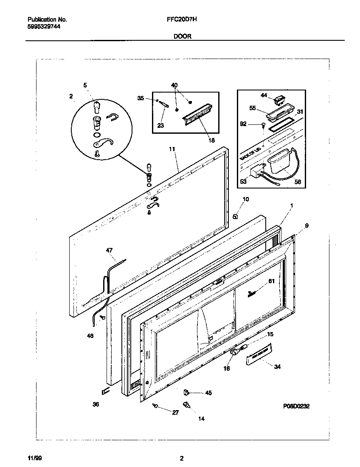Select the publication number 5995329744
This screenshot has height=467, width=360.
coord(42,26)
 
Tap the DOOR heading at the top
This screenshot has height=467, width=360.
coord(182,37)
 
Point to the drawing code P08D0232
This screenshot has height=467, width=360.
coord(296,406)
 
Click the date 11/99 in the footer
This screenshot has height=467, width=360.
coord(34,459)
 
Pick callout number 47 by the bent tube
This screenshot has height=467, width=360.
coord(110,251)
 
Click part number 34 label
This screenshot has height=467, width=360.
coord(277,366)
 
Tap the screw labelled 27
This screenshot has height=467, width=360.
coord(156,406)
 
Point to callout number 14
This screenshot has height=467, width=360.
coord(201,419)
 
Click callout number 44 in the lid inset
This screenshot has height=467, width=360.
coord(264,96)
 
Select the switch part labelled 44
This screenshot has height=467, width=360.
coord(279,101)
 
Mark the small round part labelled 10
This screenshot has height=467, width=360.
coord(234,216)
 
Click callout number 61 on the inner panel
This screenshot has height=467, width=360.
coord(271,281)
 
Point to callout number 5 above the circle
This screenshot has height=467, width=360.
coord(85,85)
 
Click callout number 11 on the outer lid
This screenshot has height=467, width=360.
coord(172,149)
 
